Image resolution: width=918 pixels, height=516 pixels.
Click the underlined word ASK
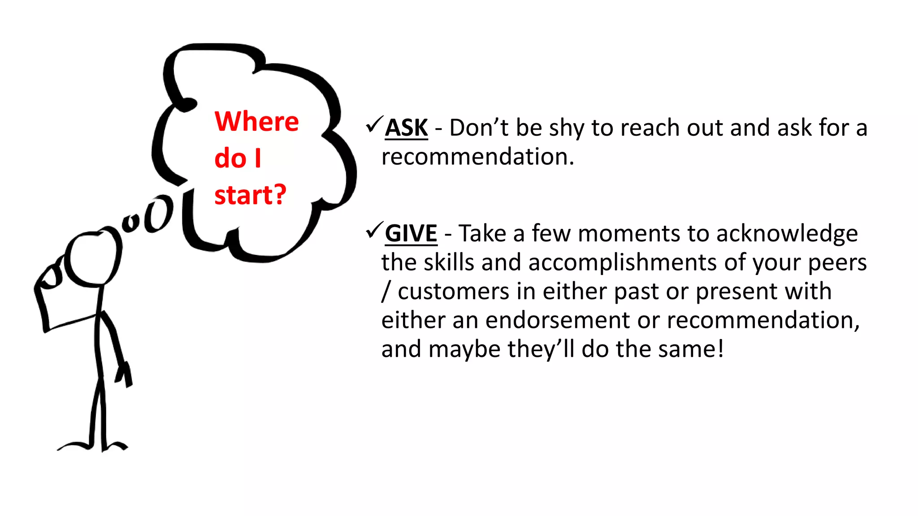tap(406, 128)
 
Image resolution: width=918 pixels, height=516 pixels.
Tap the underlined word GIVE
tap(411, 234)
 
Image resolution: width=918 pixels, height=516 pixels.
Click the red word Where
tap(256, 121)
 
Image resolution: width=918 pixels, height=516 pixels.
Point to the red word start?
tap(250, 195)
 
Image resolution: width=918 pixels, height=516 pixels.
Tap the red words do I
tap(238, 159)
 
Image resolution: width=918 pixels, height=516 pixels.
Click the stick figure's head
tap(92, 259)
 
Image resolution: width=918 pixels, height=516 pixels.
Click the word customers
tap(453, 292)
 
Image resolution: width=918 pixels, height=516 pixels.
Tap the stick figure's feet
tap(93, 445)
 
